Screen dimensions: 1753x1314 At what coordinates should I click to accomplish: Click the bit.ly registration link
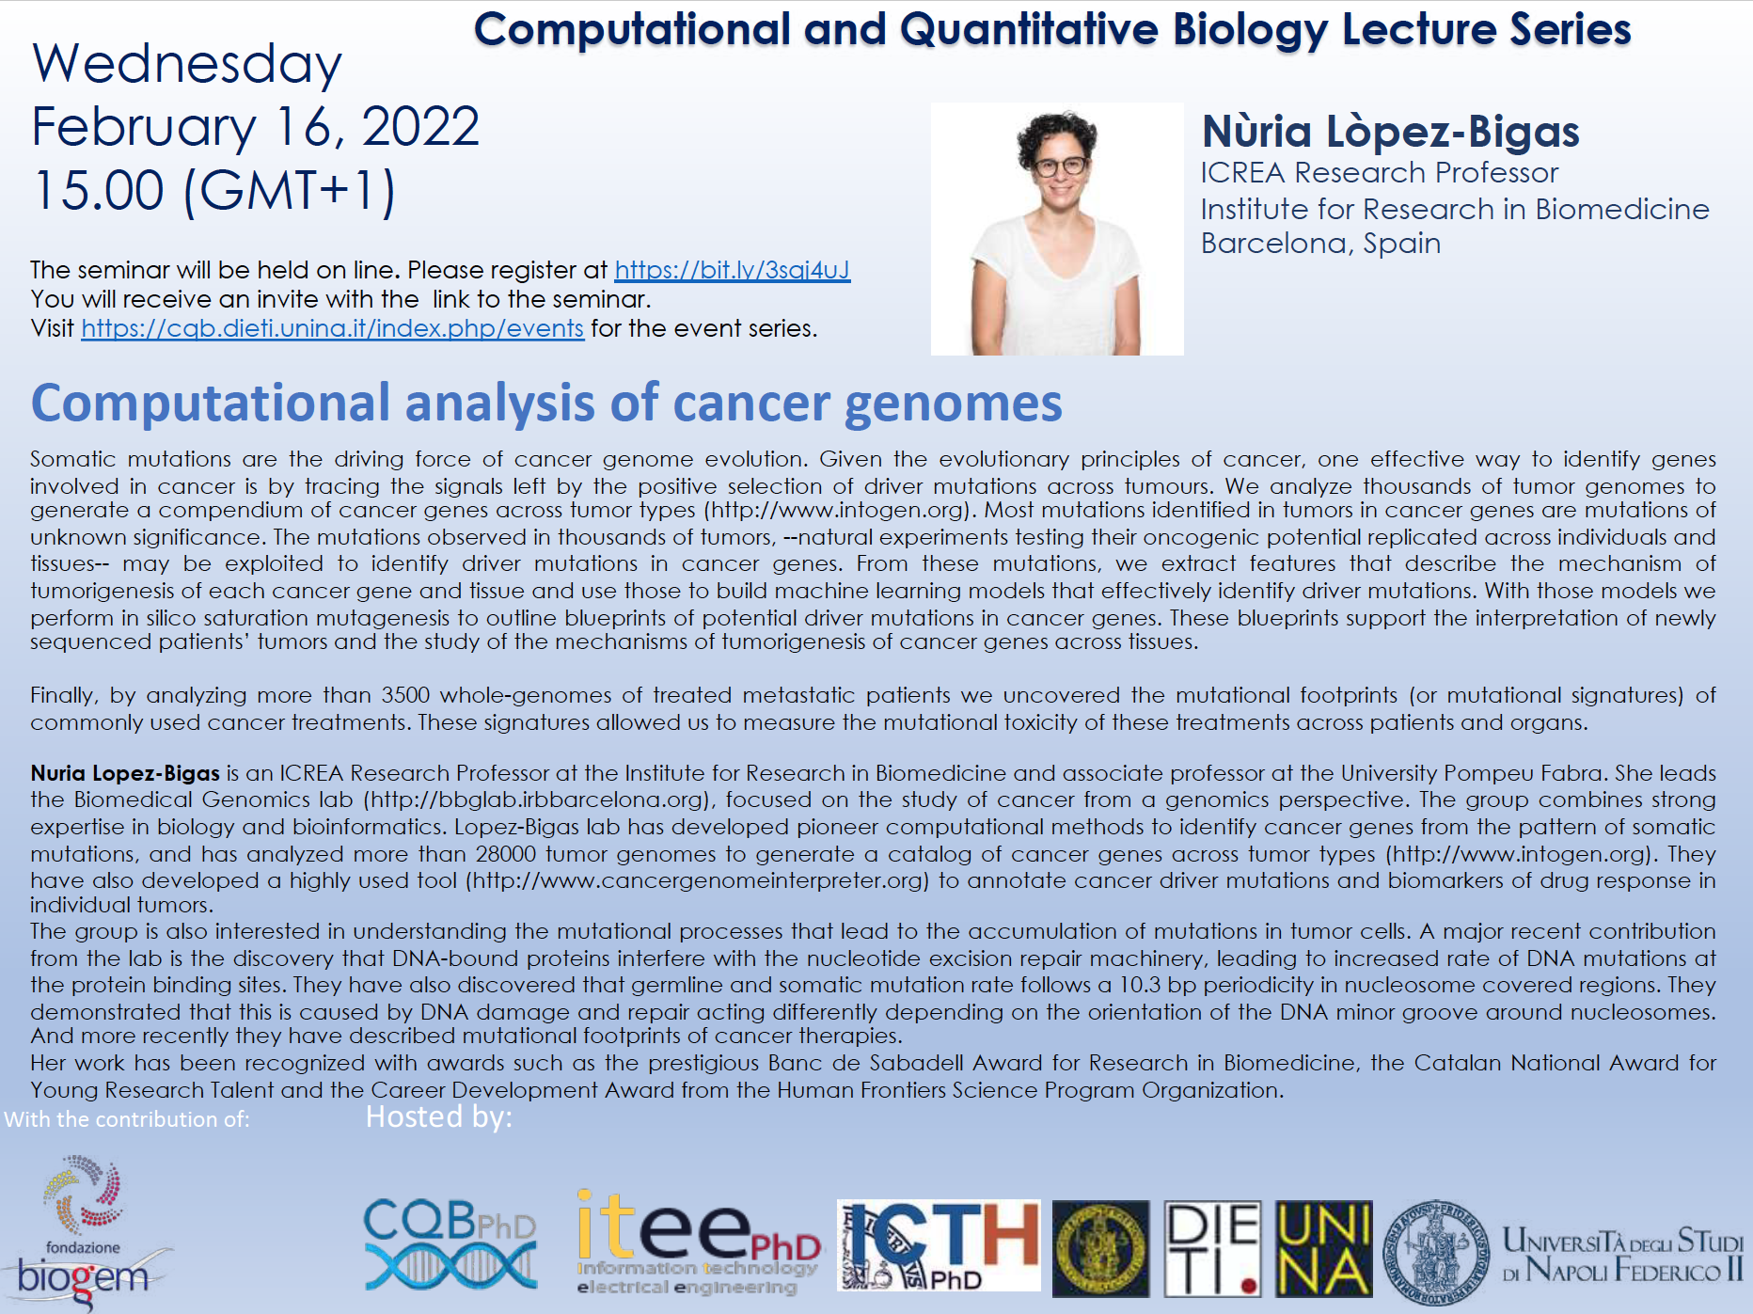point(732,271)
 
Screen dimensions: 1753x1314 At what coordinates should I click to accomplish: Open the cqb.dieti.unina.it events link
point(333,329)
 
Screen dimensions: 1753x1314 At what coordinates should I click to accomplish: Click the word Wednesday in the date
point(187,65)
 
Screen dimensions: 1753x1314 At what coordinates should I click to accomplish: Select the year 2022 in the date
point(420,127)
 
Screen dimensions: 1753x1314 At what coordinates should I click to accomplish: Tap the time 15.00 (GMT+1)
point(214,191)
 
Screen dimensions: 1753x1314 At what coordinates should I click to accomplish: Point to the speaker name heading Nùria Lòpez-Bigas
point(1390,132)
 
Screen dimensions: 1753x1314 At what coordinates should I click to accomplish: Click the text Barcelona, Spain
point(1320,244)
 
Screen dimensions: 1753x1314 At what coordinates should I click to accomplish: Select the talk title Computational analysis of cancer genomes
point(546,404)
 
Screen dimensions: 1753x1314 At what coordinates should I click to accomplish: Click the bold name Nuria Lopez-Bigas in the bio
point(125,773)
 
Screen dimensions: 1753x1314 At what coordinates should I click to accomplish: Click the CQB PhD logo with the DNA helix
point(450,1243)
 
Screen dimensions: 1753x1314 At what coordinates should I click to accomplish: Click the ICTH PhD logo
point(939,1245)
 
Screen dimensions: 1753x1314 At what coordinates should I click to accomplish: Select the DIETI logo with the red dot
point(1212,1249)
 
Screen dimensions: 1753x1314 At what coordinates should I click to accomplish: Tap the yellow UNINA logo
point(1324,1249)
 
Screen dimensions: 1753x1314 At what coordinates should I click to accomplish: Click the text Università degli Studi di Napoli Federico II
point(1622,1255)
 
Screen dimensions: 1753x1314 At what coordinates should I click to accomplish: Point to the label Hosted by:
point(438,1117)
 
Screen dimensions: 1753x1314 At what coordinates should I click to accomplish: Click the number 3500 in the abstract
point(405,696)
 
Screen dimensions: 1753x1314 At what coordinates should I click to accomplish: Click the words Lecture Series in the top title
point(1486,29)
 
